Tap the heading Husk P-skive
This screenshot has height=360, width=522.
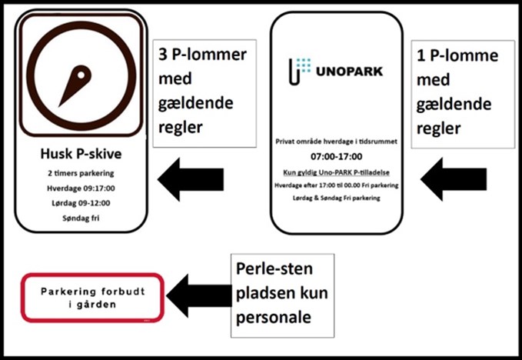point(81,154)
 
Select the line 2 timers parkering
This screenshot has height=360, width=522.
point(81,173)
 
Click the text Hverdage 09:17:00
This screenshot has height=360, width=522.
point(81,188)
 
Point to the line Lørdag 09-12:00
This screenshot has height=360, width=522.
point(81,203)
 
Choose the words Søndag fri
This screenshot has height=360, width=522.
point(81,218)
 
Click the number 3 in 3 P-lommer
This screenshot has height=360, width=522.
point(163,55)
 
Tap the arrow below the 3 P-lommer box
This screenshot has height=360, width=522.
point(191,179)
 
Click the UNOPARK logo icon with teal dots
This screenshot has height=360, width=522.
point(299,72)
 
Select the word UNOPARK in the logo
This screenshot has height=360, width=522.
point(349,72)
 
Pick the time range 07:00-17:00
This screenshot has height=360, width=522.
point(336,156)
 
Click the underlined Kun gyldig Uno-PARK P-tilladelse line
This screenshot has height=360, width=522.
point(336,172)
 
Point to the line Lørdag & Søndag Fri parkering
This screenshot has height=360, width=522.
point(336,198)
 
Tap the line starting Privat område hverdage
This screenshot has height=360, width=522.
point(336,142)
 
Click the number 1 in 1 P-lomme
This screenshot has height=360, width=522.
point(421,56)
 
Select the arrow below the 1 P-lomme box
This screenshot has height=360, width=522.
point(454,179)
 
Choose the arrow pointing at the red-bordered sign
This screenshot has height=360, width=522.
point(199,295)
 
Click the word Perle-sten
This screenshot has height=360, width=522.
point(274,269)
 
